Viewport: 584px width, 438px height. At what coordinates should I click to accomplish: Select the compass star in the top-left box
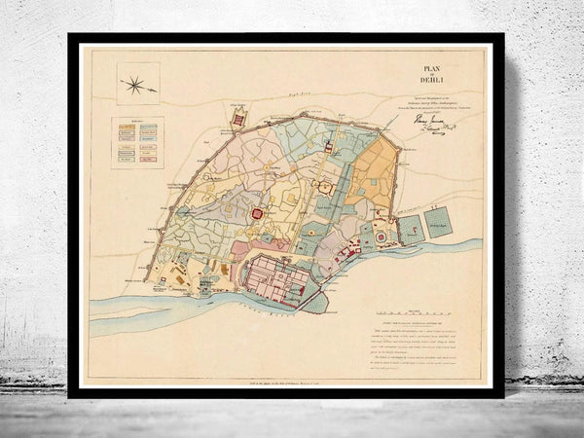click(x=134, y=85)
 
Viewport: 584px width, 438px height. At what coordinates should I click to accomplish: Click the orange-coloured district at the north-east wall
click(x=373, y=175)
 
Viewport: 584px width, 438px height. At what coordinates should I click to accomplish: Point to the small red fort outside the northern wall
click(x=239, y=120)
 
